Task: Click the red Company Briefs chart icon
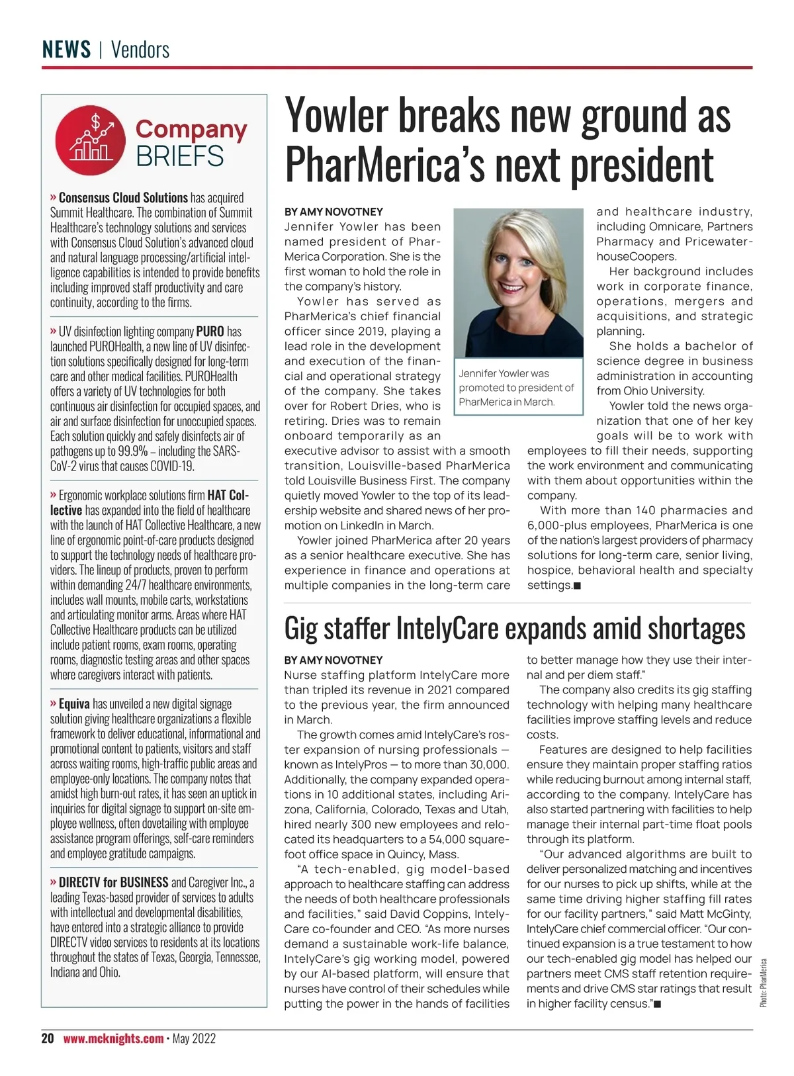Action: (x=91, y=140)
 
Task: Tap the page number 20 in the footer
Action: (x=48, y=1038)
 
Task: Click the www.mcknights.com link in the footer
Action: (x=113, y=1038)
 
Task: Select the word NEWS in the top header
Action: (x=66, y=50)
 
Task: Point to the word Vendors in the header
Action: (x=140, y=50)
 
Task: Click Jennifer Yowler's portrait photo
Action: (x=518, y=283)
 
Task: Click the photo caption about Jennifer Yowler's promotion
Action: (x=517, y=388)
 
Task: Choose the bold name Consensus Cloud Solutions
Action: (x=123, y=198)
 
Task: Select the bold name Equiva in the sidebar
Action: (x=74, y=704)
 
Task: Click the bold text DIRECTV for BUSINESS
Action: (x=113, y=883)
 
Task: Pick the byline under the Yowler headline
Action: (x=333, y=212)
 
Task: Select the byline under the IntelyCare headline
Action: (x=333, y=660)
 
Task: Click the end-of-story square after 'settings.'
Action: (x=578, y=586)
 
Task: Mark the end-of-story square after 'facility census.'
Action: (x=658, y=1005)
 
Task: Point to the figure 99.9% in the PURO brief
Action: (x=132, y=451)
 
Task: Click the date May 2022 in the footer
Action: (x=194, y=1038)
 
